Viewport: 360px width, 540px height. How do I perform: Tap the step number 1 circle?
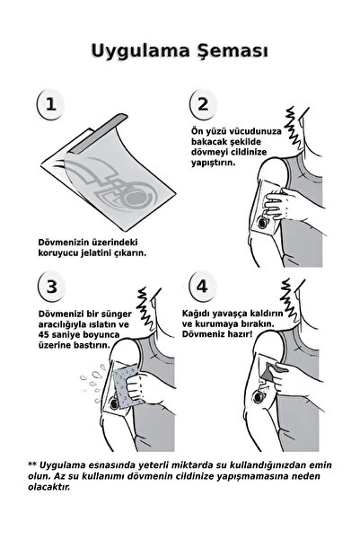click(x=51, y=104)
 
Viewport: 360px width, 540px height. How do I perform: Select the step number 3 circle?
click(x=51, y=288)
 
